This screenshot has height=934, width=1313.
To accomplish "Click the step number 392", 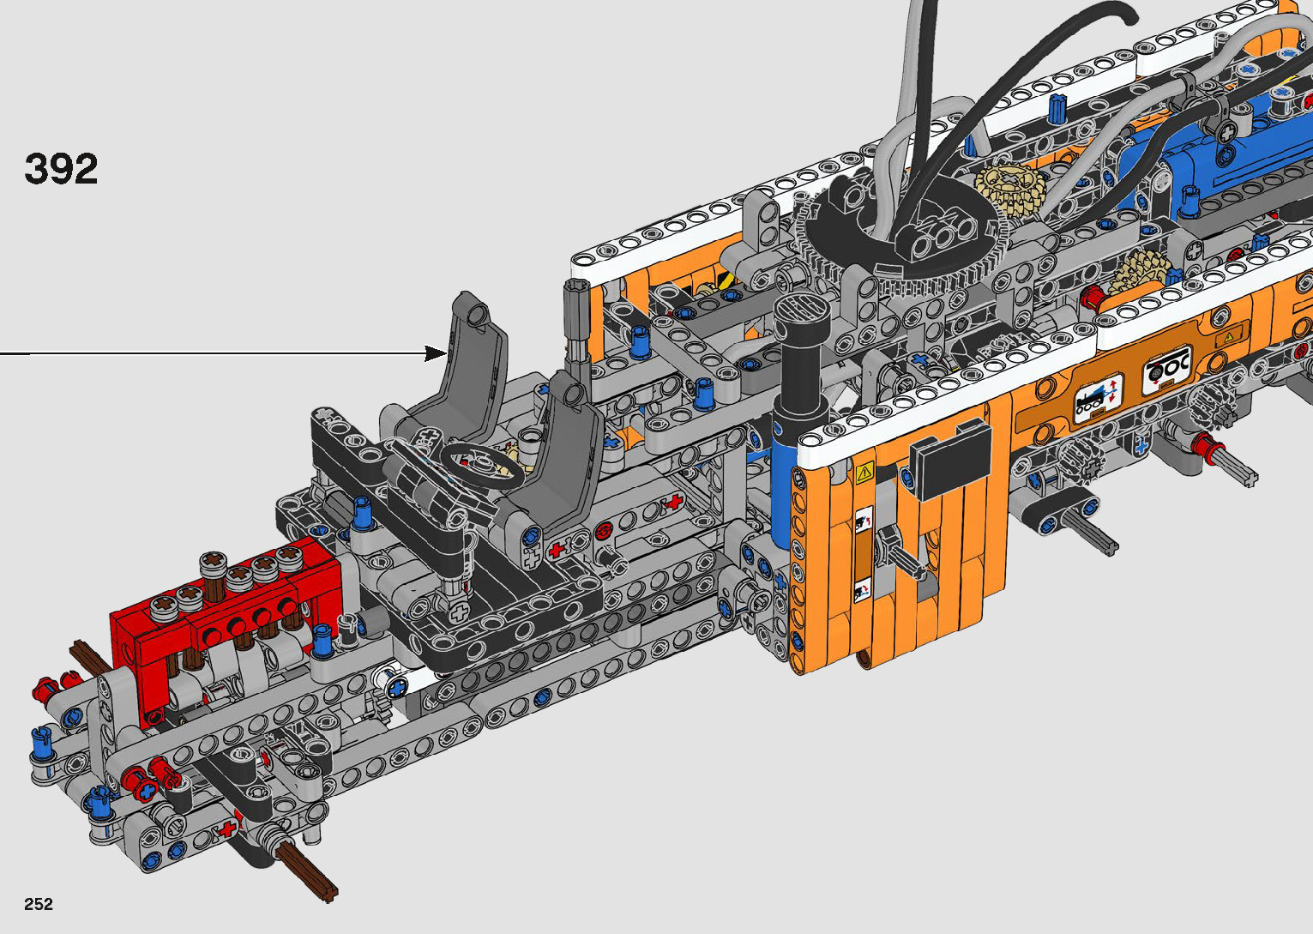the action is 61,169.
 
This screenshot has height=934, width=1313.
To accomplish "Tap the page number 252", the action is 39,903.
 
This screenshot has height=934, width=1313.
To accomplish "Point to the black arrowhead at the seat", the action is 437,353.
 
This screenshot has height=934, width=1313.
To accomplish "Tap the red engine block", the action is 226,622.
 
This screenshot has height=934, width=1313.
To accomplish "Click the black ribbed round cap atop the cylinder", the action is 802,316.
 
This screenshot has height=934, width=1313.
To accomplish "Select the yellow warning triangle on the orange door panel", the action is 864,472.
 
